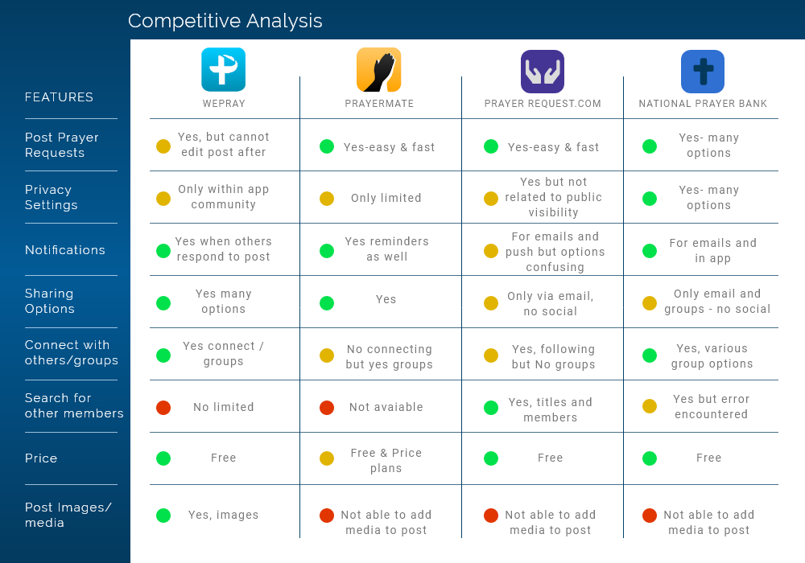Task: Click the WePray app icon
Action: [x=223, y=69]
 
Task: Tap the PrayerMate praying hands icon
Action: [x=378, y=70]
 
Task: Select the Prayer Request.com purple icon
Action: [x=542, y=72]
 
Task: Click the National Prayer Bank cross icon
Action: [x=702, y=72]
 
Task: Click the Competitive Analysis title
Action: [x=225, y=21]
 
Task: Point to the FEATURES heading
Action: [x=59, y=97]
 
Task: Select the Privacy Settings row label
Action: [x=51, y=197]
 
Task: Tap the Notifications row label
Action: [x=65, y=250]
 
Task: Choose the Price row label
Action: [x=41, y=458]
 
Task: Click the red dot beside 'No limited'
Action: [x=163, y=408]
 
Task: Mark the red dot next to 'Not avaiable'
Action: [x=327, y=408]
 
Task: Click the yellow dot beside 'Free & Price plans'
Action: [x=327, y=458]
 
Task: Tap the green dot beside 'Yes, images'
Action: [x=163, y=516]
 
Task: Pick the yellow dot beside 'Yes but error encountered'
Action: [x=650, y=407]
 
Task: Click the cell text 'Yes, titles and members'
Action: [x=551, y=409]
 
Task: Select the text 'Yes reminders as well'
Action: [x=386, y=249]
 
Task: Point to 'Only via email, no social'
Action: [x=551, y=303]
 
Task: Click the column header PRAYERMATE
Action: [x=379, y=104]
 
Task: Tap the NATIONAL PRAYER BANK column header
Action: [x=703, y=104]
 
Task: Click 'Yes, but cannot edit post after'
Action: [x=224, y=145]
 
